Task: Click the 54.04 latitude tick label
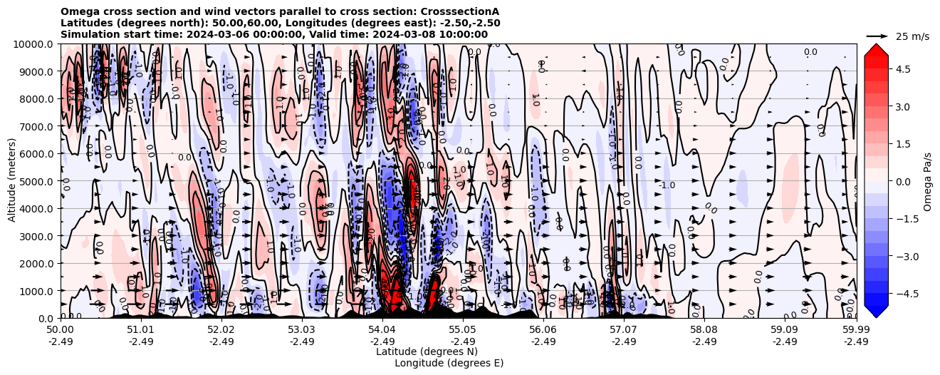coord(382,330)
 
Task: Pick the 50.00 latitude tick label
coord(61,330)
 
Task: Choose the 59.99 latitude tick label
coord(856,330)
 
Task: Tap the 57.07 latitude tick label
coord(624,330)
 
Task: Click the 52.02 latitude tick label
coord(221,330)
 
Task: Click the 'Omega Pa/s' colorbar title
coord(927,181)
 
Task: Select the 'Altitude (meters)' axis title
coord(12,181)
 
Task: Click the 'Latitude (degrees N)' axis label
coord(427,351)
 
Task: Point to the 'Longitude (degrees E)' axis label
coord(449,363)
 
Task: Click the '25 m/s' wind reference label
coord(912,36)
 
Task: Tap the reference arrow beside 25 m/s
coord(877,36)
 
